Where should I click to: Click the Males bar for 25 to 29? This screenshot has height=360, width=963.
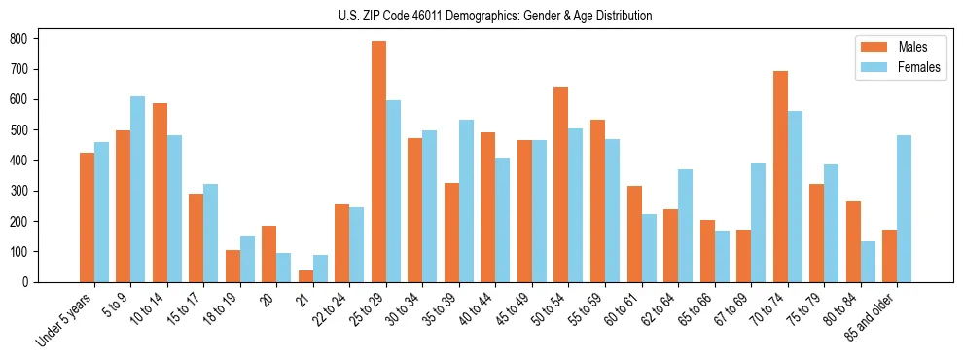click(378, 162)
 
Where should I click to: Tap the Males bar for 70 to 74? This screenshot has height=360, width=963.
click(780, 176)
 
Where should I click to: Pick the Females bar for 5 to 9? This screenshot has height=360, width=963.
click(138, 189)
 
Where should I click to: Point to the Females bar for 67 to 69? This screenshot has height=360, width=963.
click(758, 223)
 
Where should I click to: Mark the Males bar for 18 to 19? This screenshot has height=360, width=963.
click(232, 266)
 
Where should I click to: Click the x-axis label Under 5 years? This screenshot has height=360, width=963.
click(64, 318)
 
